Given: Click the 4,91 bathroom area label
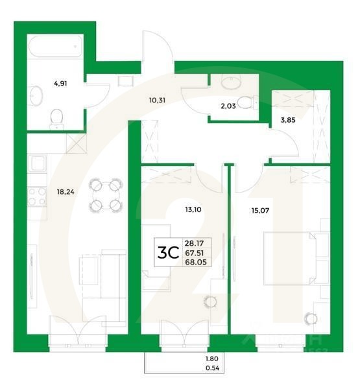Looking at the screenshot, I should click(60, 83).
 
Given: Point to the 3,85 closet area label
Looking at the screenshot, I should click(288, 119).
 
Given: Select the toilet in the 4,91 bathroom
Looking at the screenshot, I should click(57, 116).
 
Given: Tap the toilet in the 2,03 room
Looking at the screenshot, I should click(245, 103).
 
